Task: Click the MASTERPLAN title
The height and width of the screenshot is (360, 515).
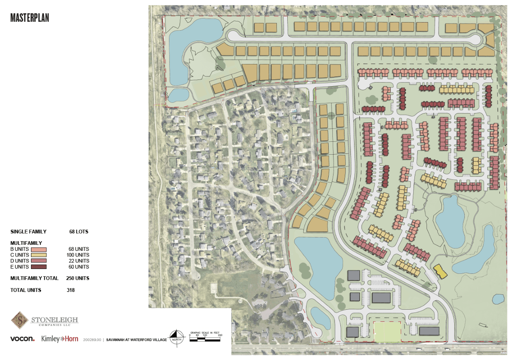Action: click(30, 18)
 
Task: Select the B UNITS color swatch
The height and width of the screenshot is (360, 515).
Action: click(39, 249)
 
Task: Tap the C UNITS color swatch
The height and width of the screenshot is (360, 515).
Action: click(39, 255)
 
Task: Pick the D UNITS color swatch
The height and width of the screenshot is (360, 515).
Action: click(39, 261)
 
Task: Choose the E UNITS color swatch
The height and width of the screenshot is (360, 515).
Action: click(39, 267)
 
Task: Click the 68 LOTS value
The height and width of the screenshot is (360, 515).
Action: click(78, 232)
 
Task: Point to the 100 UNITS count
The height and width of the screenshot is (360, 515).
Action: click(78, 255)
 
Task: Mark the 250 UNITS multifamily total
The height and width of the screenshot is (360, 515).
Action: click(78, 278)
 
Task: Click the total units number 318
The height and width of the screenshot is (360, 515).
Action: click(71, 290)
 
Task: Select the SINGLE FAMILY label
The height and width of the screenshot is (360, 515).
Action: click(28, 232)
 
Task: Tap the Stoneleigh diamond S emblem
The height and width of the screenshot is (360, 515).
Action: click(19, 320)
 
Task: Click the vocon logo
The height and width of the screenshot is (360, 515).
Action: click(22, 339)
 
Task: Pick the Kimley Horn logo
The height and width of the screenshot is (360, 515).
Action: click(60, 339)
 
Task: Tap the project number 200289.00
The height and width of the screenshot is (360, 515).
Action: click(92, 340)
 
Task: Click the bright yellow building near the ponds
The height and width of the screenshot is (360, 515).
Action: click(440, 271)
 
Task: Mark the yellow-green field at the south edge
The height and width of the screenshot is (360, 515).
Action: click(387, 330)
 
